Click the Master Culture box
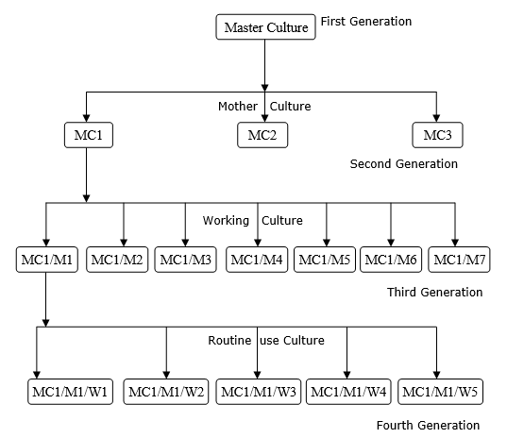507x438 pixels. [265, 27]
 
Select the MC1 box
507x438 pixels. [87, 135]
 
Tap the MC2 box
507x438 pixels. [262, 135]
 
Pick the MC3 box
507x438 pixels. [437, 135]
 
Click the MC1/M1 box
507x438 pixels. [46, 259]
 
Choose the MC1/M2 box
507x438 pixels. [117, 259]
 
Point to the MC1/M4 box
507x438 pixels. [257, 259]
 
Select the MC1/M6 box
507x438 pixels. [391, 259]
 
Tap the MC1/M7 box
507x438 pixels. [458, 259]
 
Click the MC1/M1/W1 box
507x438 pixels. [72, 391]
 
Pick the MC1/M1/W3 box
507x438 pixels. [257, 391]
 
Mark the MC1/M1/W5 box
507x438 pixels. [438, 391]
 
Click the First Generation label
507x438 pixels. [366, 21]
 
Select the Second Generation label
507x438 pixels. [403, 164]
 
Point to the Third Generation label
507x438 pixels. [434, 293]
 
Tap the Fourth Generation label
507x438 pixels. [428, 426]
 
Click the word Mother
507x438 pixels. [238, 106]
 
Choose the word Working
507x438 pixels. [226, 220]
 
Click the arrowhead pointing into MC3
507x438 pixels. [437, 117]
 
